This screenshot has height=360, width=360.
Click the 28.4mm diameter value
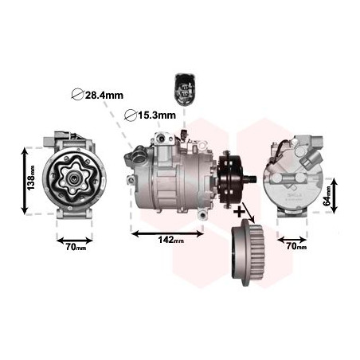coord(104,96)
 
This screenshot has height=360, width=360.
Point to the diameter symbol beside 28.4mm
coord(77,96)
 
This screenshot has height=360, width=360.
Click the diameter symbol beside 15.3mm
coord(131,115)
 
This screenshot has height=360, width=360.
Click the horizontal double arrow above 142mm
coord(167,233)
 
